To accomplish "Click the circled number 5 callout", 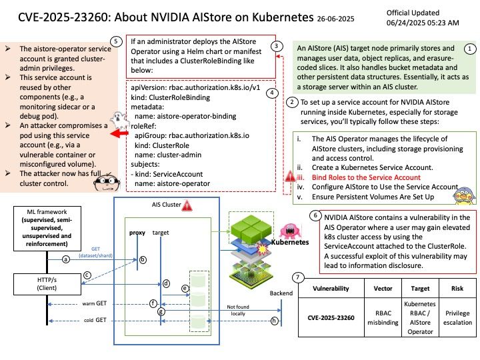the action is [x=116, y=41].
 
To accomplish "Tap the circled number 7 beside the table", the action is [x=298, y=277].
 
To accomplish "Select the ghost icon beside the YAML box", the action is [x=119, y=120].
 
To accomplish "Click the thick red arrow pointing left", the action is [x=119, y=133].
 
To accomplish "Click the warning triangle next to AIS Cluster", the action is [x=187, y=205].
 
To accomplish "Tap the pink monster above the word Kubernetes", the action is [x=289, y=231].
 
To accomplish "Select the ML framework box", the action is [x=47, y=229].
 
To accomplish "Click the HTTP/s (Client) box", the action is [x=47, y=284].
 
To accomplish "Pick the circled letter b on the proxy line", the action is [x=143, y=260].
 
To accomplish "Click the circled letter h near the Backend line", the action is [x=274, y=321].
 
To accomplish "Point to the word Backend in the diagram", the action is [x=281, y=293].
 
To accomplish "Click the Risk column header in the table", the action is [x=457, y=289].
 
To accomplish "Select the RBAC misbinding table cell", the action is [x=383, y=317].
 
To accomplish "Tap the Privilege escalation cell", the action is [x=457, y=317].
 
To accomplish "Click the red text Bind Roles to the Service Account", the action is [x=366, y=177].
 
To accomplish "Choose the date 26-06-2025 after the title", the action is [x=335, y=19].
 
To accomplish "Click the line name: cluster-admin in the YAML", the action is [x=168, y=155].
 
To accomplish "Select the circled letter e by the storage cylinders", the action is [x=185, y=289].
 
